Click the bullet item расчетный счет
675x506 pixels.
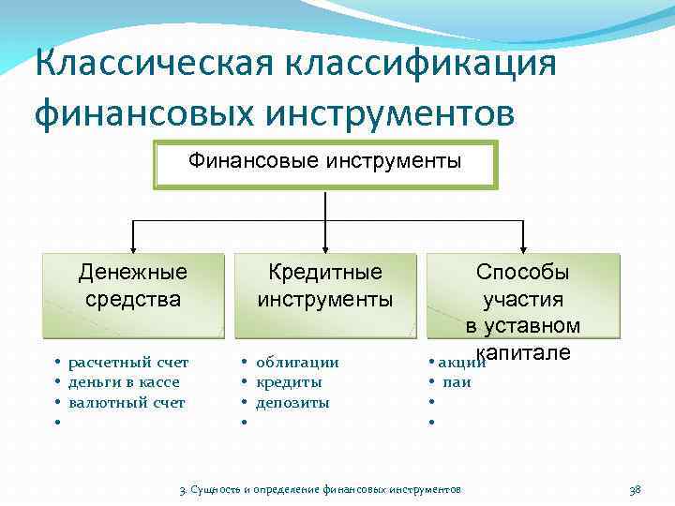tap(128, 362)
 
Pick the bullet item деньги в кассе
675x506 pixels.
tap(123, 382)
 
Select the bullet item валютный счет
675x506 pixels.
tap(127, 403)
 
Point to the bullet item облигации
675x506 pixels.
tap(297, 362)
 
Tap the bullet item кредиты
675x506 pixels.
tap(289, 382)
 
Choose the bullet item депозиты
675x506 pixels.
tap(292, 403)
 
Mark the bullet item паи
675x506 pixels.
tap(457, 382)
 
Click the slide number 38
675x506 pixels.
tap(634, 490)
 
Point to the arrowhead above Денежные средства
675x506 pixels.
tap(133, 246)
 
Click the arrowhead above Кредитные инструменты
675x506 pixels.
tap(325, 246)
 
